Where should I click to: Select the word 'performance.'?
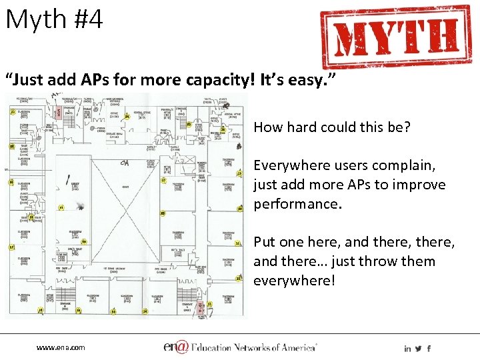(297, 203)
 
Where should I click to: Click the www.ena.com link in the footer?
(61, 347)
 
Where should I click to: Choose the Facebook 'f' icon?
(429, 348)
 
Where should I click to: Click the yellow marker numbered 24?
(127, 117)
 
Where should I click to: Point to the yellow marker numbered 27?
(164, 180)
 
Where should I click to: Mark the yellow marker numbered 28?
(163, 213)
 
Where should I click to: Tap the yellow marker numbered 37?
(11, 247)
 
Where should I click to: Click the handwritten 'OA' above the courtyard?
(125, 163)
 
